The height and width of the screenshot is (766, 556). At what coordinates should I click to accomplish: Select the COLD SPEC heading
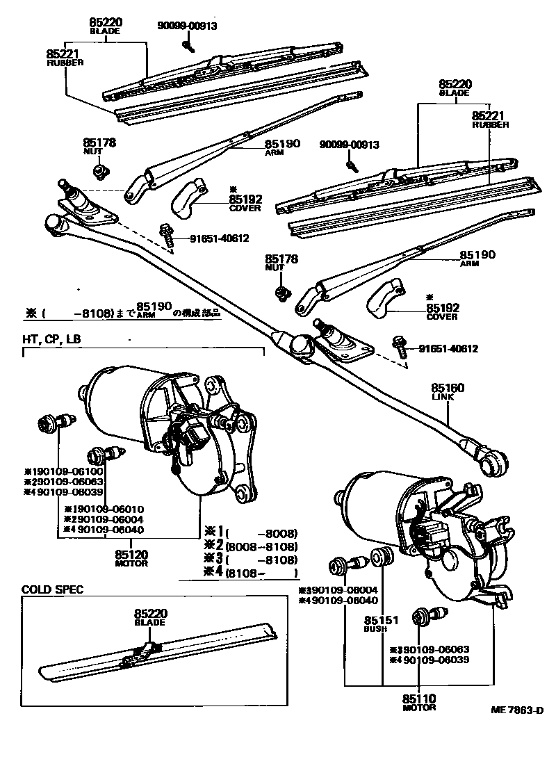[52, 589]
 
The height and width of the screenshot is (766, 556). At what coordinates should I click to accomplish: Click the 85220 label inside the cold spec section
[150, 614]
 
